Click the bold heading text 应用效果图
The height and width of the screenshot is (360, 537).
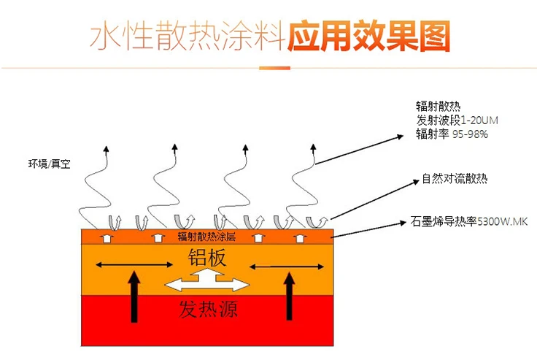368,35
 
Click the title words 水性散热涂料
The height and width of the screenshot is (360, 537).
186,36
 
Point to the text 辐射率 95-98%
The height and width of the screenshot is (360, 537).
446,134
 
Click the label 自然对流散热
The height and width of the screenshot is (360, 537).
454,177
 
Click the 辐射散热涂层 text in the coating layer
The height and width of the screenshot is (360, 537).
206,237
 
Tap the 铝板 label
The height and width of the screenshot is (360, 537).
206,256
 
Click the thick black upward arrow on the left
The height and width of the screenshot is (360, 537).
133,295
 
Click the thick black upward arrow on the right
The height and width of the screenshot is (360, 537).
290,295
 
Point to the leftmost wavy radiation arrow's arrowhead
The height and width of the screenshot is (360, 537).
107,150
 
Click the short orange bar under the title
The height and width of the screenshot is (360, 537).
274,69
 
